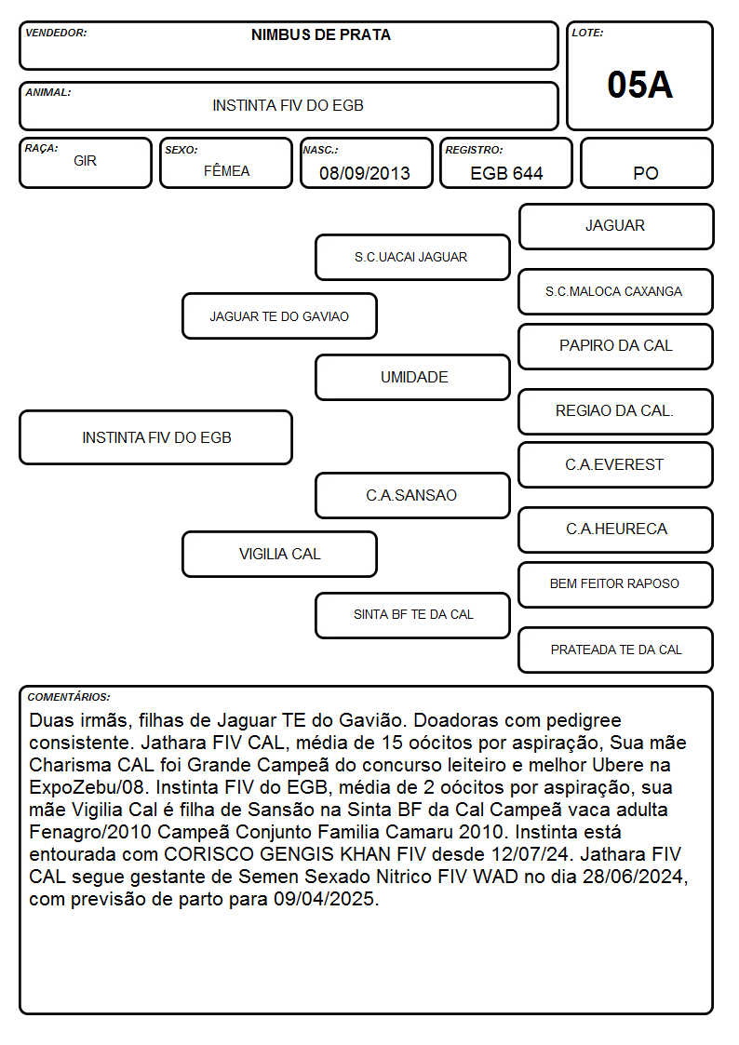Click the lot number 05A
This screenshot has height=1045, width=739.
[x=639, y=85]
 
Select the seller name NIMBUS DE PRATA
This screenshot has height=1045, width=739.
[x=320, y=35]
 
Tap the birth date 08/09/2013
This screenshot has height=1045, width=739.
[x=365, y=173]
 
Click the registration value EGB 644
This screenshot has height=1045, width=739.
[x=506, y=173]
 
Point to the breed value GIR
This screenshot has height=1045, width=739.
[x=86, y=161]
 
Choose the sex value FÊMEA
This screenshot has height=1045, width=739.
[x=226, y=170]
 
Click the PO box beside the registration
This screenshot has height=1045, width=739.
[x=646, y=163]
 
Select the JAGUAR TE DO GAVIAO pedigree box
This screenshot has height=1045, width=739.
[x=279, y=315]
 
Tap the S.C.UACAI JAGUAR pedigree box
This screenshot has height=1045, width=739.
[x=412, y=257]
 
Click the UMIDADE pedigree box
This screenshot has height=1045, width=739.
[x=412, y=377]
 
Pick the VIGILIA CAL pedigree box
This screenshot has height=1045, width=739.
[x=279, y=554]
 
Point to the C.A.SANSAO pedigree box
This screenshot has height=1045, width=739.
[x=412, y=495]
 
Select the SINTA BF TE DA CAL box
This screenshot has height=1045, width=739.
[x=412, y=615]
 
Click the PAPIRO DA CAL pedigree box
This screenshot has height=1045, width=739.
[x=616, y=346]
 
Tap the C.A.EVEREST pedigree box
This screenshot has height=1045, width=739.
[x=616, y=464]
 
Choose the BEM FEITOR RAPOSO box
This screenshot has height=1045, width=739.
[x=616, y=584]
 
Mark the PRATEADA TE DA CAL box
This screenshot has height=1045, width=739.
[x=616, y=650]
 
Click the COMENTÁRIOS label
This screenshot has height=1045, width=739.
[x=69, y=697]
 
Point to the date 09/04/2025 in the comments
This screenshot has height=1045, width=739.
[x=324, y=899]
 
